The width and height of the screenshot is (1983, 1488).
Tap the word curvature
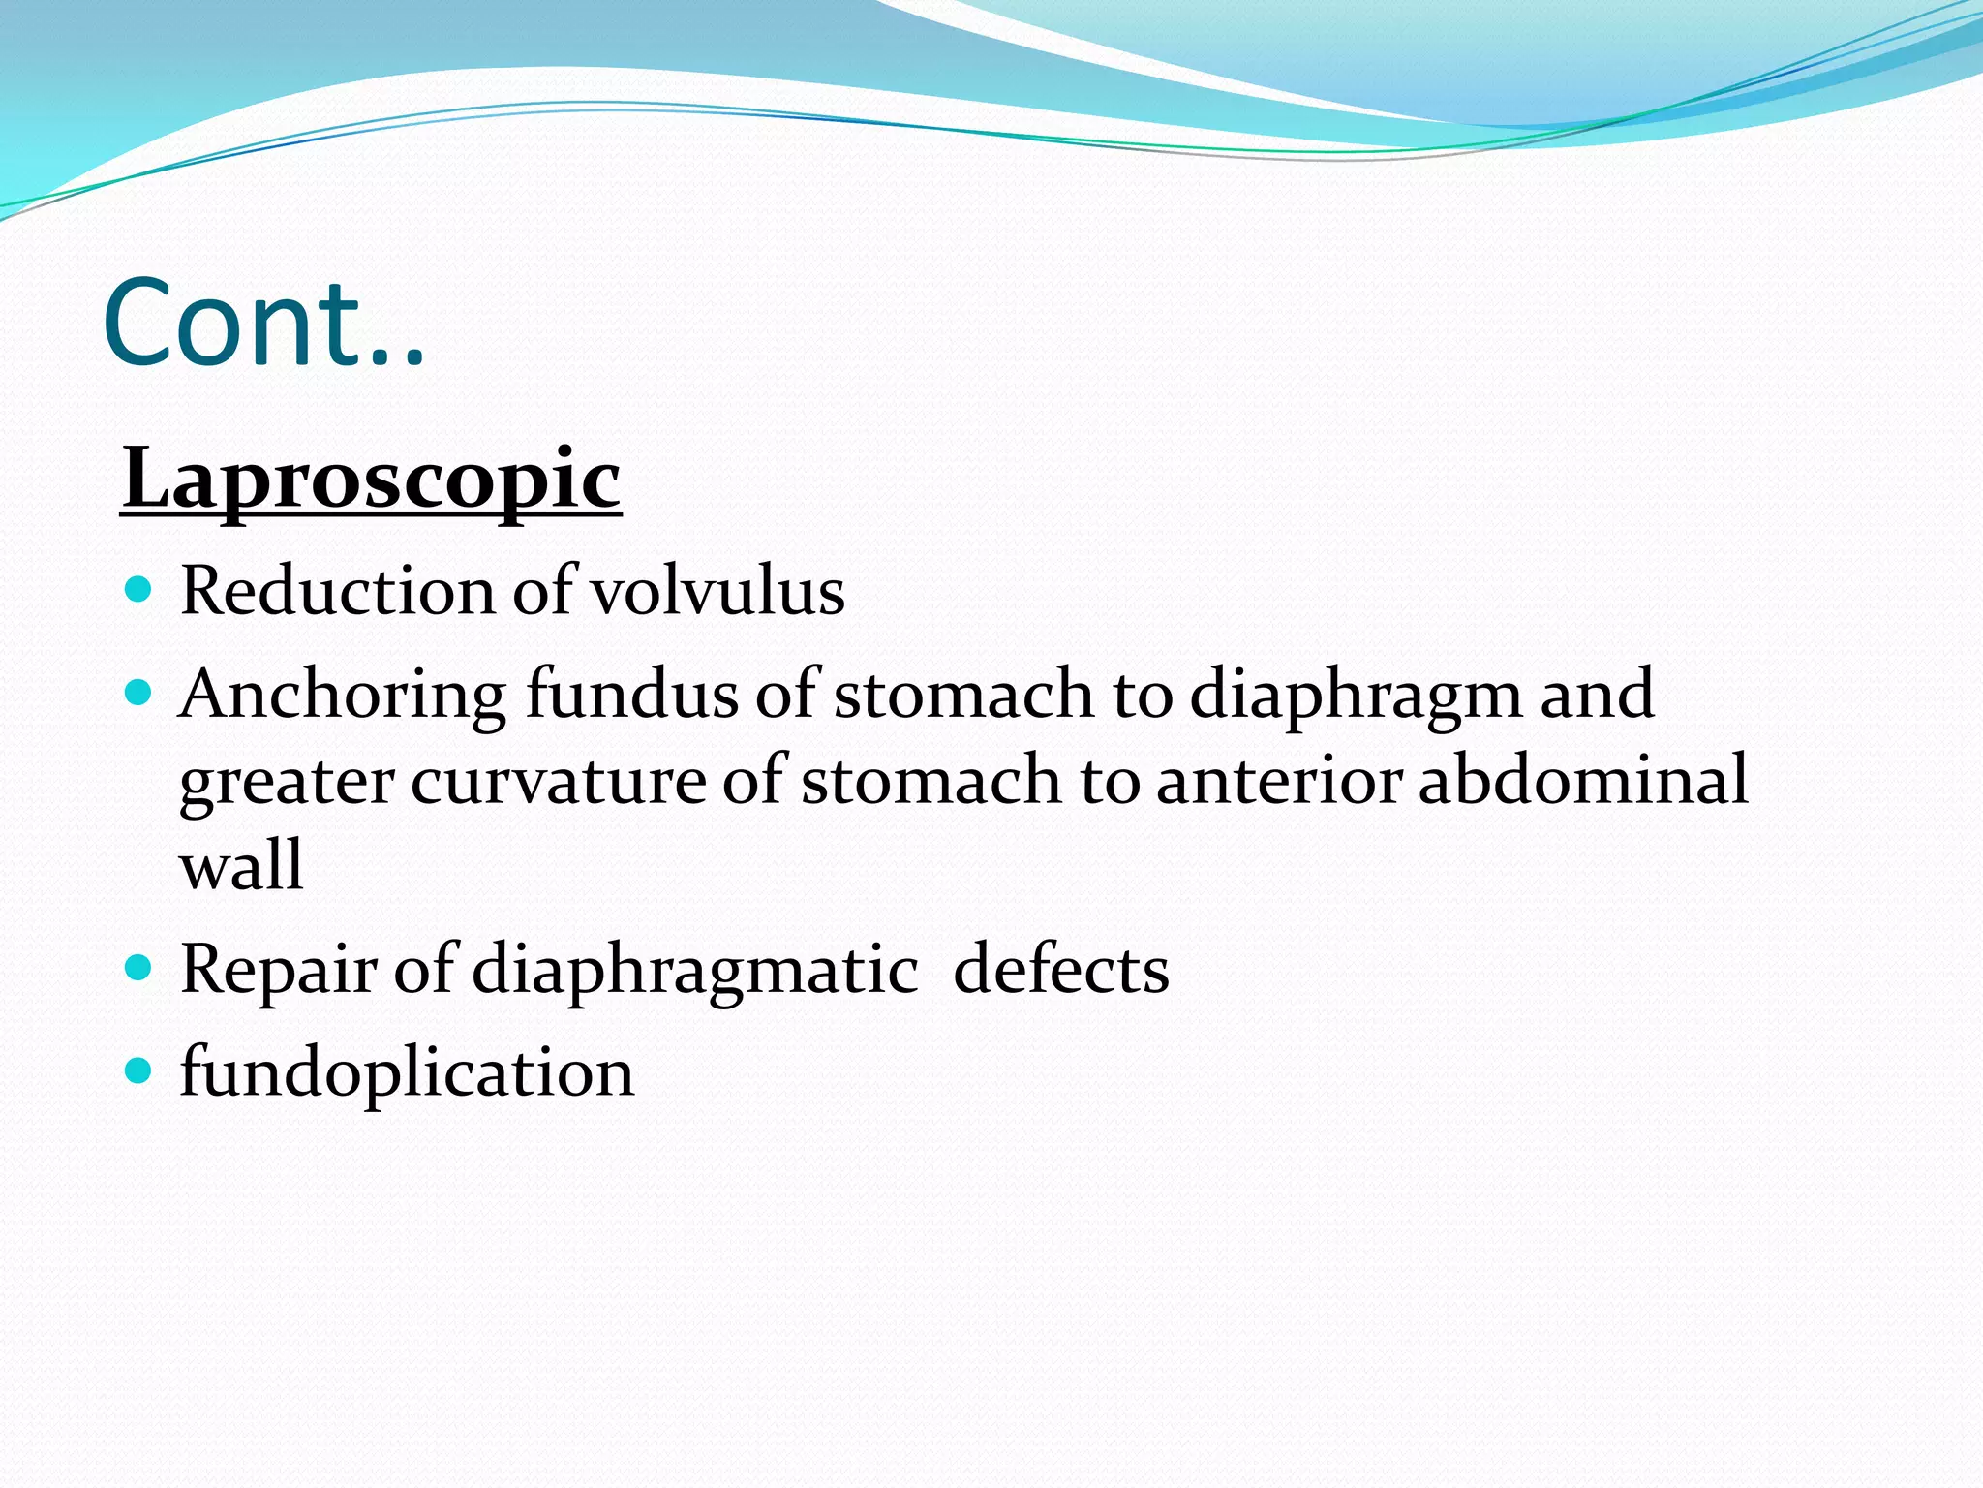point(558,780)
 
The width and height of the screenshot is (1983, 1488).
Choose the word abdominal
point(1583,780)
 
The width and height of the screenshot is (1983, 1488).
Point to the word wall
point(241,865)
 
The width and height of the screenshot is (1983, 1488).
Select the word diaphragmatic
point(694,971)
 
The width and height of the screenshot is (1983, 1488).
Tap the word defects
point(1060,969)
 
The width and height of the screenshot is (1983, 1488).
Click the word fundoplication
point(407,1073)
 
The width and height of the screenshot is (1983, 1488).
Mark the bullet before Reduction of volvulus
point(139,588)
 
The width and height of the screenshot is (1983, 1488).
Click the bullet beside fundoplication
point(139,1069)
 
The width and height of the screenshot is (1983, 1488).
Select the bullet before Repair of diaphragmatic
point(139,966)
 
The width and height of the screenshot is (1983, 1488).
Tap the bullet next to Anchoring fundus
point(139,692)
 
